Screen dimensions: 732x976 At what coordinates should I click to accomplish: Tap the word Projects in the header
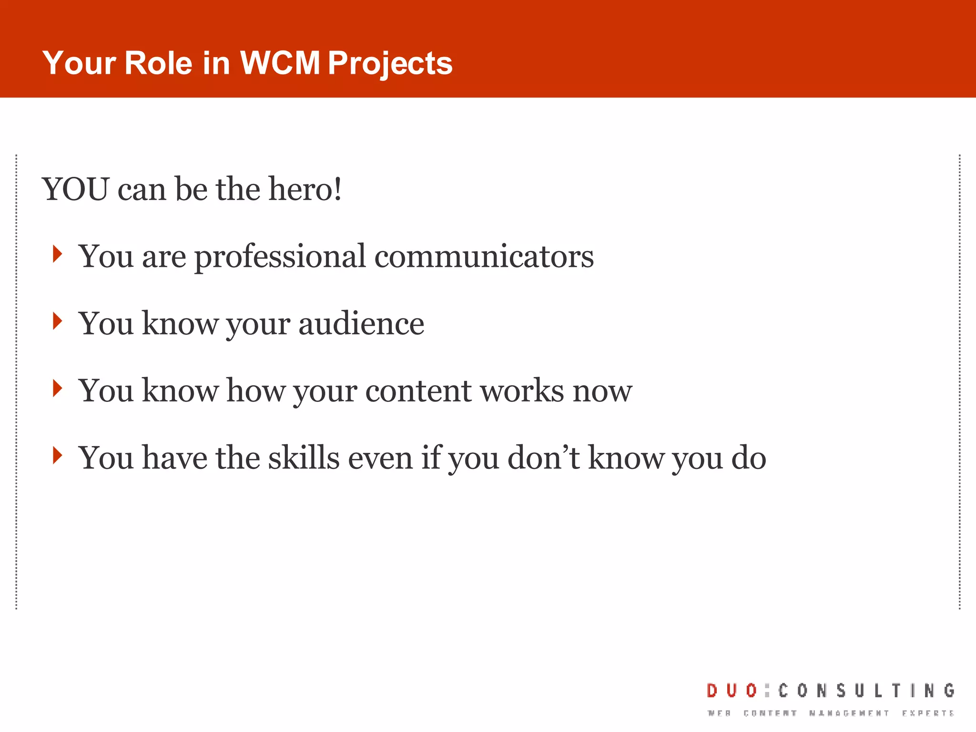click(390, 63)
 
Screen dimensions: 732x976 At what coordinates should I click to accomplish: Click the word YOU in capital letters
click(76, 189)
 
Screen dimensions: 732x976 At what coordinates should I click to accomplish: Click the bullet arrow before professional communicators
click(58, 254)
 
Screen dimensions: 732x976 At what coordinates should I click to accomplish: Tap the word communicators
click(484, 256)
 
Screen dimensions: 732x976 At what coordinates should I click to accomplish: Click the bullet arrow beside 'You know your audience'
click(58, 321)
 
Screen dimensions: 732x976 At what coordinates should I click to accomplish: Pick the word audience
click(361, 324)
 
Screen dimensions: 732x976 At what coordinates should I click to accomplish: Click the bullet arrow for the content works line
click(58, 388)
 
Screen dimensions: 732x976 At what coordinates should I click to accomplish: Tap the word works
click(522, 391)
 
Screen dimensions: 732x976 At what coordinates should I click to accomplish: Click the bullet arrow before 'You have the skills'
click(58, 456)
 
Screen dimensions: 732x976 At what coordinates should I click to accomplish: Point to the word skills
click(304, 457)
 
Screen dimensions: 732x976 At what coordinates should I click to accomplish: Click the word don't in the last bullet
click(544, 457)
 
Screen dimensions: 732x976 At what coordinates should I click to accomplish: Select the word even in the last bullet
click(380, 457)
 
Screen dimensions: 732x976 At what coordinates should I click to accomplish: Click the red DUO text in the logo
click(732, 691)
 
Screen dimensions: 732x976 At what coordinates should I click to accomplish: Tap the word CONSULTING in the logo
click(866, 691)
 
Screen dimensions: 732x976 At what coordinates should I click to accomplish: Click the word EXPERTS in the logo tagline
click(927, 713)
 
